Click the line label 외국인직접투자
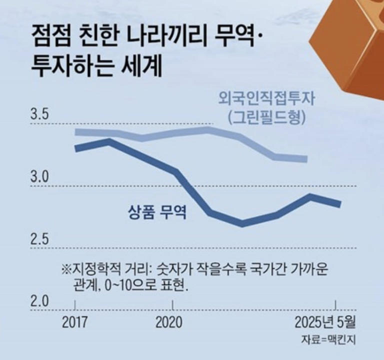261,96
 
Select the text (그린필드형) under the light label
265,117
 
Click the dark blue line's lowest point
242,223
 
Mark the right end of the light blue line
306,159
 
